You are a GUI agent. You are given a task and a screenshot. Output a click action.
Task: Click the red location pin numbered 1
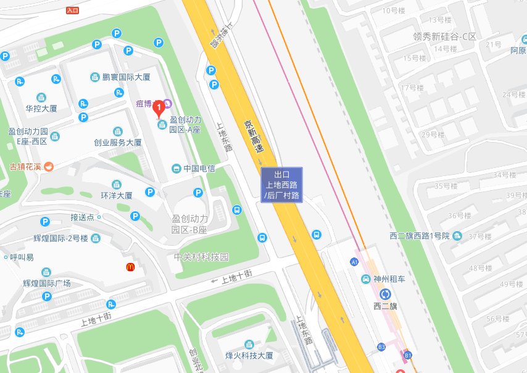click(159, 109)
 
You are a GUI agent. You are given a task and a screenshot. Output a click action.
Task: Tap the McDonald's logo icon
click(131, 267)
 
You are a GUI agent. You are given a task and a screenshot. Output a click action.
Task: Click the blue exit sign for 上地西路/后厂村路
click(281, 185)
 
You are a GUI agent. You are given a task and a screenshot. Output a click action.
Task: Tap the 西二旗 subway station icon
click(386, 294)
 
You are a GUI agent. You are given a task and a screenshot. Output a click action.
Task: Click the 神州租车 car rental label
click(390, 279)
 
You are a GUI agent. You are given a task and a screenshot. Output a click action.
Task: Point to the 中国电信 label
click(199, 169)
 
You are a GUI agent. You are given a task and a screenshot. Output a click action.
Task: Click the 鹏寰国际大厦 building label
click(126, 77)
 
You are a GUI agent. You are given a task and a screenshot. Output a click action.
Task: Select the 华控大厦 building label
click(41, 108)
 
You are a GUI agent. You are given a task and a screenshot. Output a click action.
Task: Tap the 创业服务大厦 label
click(117, 142)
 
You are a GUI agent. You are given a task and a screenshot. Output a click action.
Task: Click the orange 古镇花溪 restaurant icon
click(49, 166)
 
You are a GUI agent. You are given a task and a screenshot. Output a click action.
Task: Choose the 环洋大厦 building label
click(116, 195)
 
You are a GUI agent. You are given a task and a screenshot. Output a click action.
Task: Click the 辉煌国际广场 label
click(47, 283)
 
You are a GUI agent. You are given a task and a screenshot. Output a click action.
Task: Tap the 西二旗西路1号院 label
click(421, 235)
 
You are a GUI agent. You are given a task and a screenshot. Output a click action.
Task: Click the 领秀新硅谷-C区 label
click(445, 36)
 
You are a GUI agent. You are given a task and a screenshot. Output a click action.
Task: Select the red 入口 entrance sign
click(72, 10)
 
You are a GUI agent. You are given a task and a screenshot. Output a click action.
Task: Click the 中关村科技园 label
click(201, 257)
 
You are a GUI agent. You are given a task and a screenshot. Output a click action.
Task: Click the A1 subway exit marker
click(354, 262)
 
